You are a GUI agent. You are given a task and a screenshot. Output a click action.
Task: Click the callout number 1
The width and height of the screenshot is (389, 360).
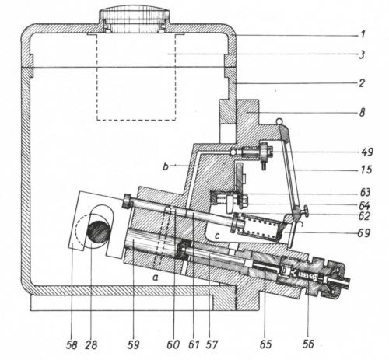(363, 34)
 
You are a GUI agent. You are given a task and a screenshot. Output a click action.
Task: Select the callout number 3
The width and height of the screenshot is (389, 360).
(362, 54)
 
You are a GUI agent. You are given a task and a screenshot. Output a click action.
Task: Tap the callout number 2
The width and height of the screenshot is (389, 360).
(362, 83)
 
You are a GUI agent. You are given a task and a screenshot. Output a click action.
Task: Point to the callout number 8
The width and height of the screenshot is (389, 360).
(362, 113)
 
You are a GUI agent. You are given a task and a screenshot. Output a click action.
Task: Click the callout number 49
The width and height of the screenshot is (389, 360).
(366, 152)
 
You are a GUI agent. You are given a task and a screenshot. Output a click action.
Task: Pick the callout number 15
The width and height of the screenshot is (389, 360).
(366, 170)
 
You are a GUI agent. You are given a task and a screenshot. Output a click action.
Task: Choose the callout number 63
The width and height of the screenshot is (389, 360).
(365, 193)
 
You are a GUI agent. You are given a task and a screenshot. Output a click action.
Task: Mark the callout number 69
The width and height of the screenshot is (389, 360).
(363, 233)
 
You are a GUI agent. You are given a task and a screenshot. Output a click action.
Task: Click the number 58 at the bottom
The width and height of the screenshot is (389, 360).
(72, 344)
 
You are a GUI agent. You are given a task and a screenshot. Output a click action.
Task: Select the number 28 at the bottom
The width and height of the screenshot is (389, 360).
(91, 344)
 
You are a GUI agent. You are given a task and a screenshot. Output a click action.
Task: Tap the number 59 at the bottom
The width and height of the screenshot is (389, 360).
(133, 344)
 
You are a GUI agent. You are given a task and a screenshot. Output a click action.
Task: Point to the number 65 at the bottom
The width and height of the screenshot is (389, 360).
(265, 344)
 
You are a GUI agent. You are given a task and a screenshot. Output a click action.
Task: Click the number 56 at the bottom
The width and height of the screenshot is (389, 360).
(308, 344)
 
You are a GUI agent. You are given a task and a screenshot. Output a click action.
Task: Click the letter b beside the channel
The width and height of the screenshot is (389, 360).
(166, 166)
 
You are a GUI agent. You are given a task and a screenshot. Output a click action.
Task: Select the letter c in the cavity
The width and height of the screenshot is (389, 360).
(217, 236)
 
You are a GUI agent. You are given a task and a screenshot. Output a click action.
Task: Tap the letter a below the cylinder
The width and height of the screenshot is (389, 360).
(156, 278)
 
